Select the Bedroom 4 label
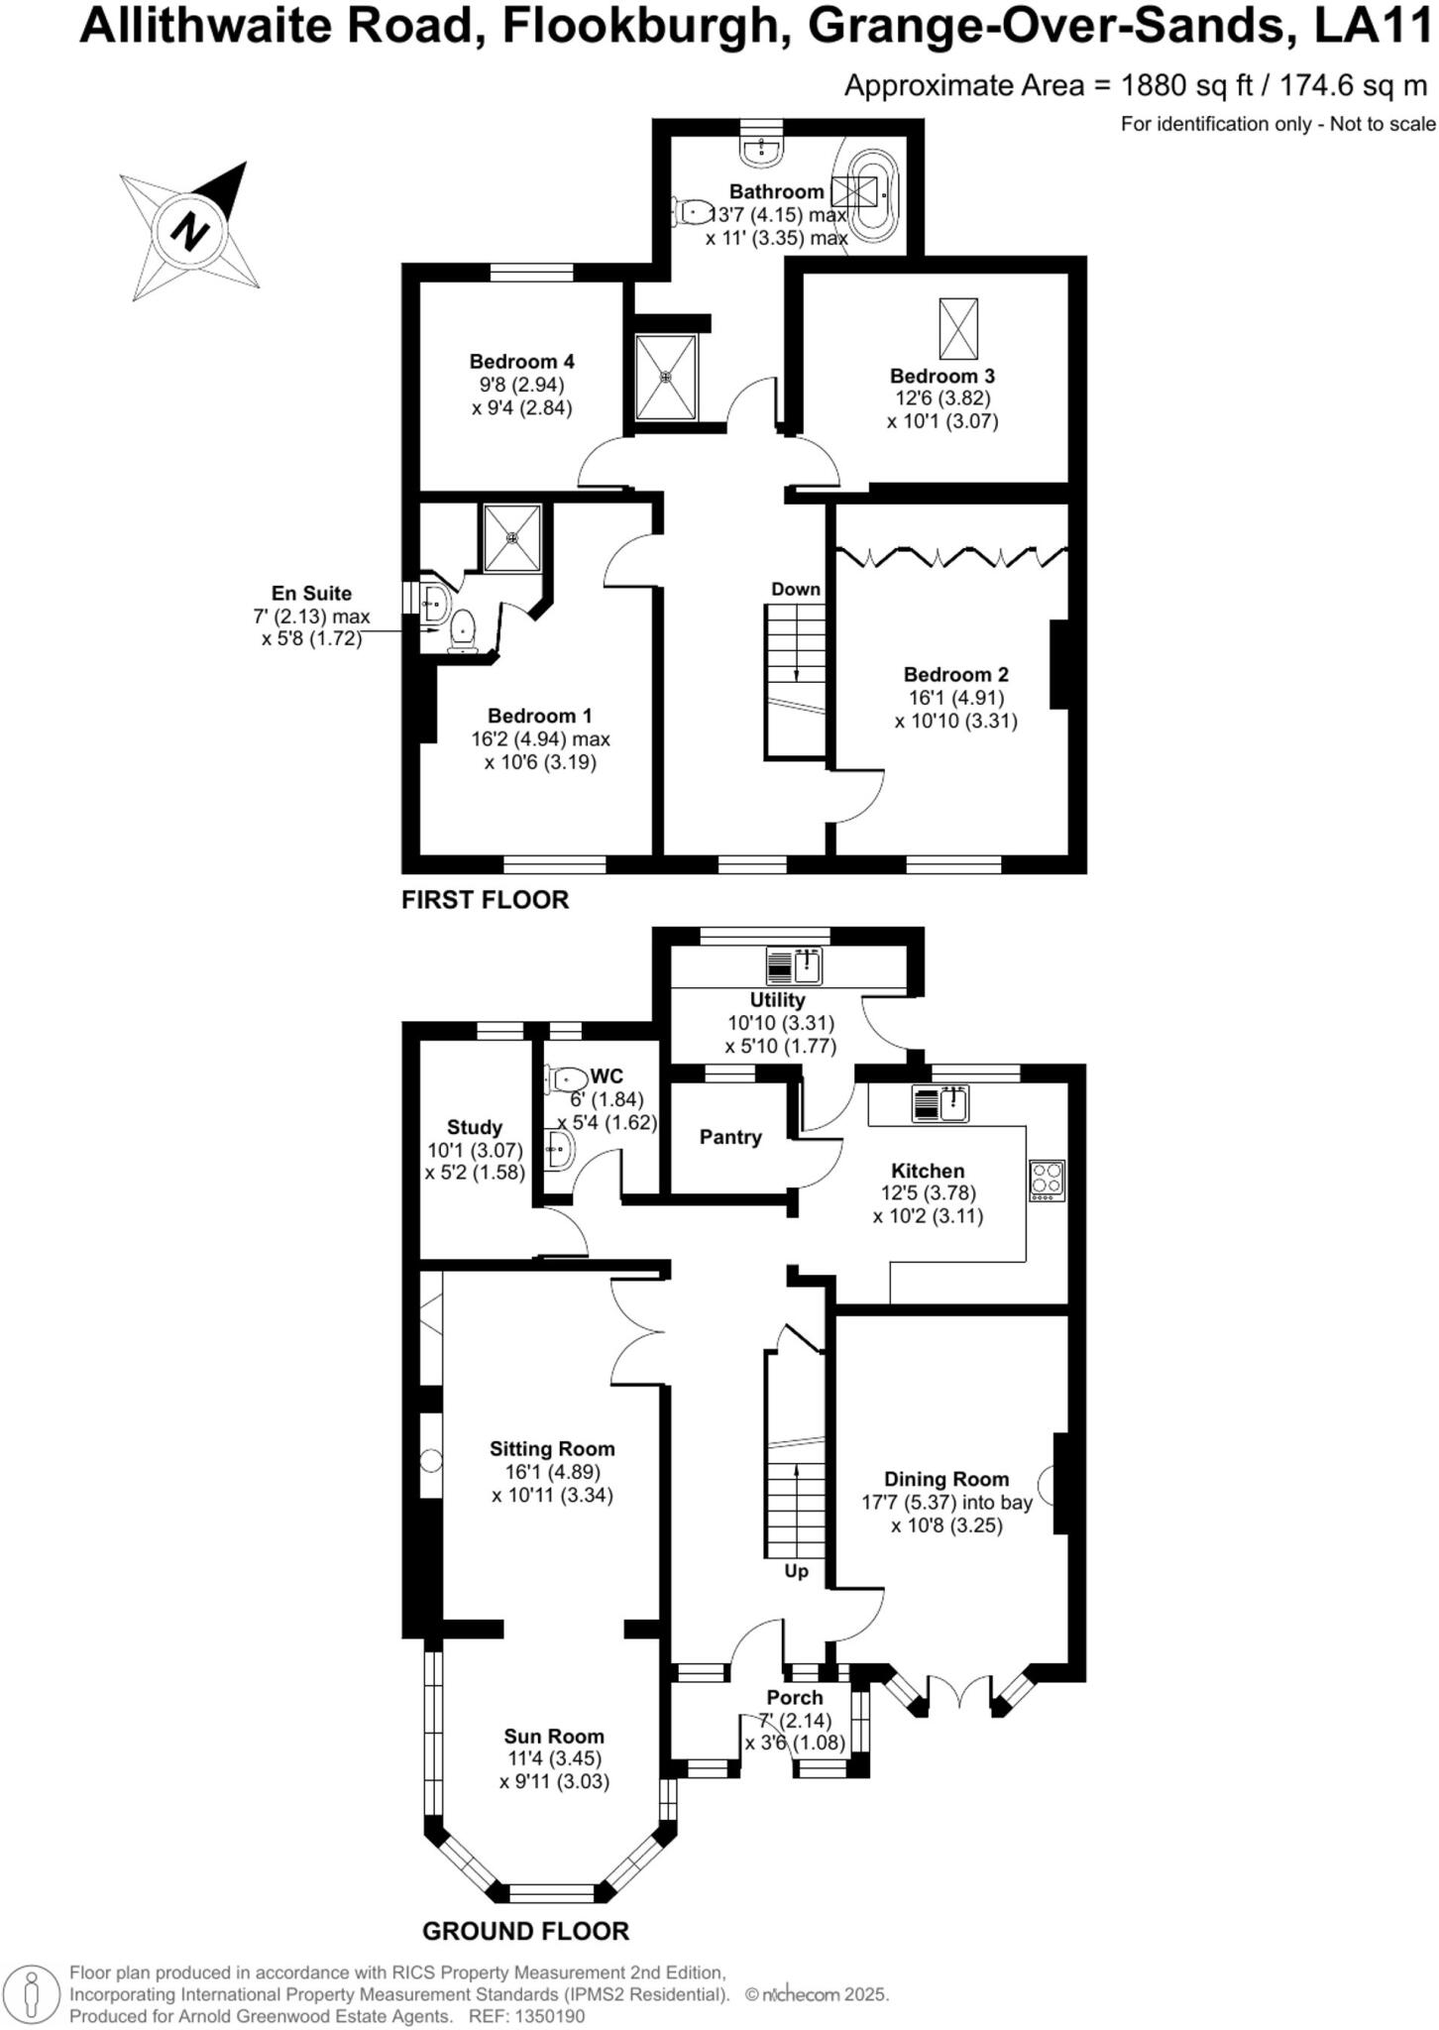click(522, 362)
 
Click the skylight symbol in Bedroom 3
click(958, 328)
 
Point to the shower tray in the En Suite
click(512, 538)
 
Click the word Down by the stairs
click(796, 589)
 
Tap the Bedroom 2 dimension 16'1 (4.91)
click(956, 698)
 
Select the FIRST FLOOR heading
click(485, 900)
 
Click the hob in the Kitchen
click(1048, 1180)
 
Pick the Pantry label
click(730, 1137)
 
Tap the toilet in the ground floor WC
click(566, 1076)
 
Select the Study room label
click(475, 1127)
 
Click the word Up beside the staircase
click(796, 1571)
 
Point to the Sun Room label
click(553, 1736)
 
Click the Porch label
click(795, 1698)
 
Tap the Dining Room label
click(946, 1479)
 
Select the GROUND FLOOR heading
click(525, 1931)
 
